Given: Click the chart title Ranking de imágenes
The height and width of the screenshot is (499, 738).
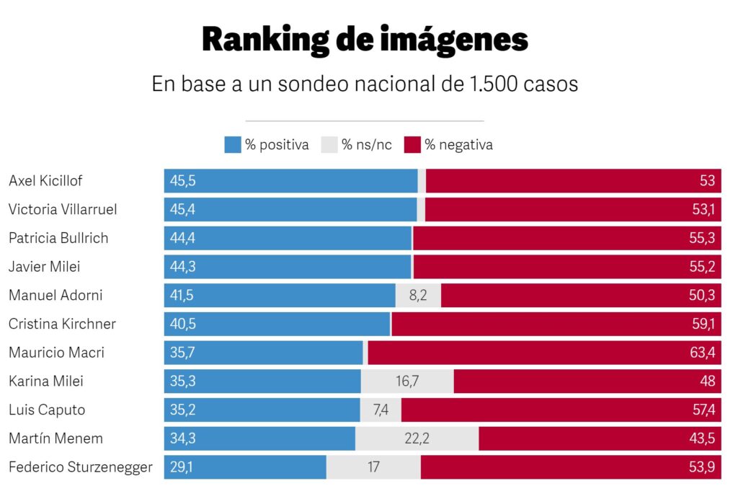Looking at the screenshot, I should [x=365, y=40].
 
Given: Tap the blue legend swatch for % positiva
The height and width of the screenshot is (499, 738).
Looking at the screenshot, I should [x=232, y=145].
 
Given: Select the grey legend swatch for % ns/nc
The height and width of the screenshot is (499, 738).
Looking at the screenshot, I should [x=329, y=145].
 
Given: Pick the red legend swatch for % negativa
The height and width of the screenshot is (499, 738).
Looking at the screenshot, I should [x=412, y=145].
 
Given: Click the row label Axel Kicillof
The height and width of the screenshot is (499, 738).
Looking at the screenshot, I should [x=45, y=181].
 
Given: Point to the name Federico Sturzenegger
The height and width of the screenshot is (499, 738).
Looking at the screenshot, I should [x=81, y=467].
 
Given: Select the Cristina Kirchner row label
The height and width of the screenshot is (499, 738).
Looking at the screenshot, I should [x=62, y=324].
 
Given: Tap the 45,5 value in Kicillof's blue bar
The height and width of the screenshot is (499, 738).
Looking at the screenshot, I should [x=182, y=181].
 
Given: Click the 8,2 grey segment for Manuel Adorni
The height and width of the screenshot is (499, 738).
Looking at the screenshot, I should [x=418, y=296].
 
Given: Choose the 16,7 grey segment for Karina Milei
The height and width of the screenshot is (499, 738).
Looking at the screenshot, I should [x=407, y=381].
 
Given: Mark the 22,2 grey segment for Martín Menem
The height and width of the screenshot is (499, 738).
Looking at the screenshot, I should [x=417, y=438].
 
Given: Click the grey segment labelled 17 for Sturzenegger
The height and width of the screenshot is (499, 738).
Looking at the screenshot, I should [x=373, y=467].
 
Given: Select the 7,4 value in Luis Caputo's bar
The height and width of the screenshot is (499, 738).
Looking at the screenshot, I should [x=381, y=410].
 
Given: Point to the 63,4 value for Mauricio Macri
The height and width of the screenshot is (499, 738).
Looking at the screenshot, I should [x=702, y=353].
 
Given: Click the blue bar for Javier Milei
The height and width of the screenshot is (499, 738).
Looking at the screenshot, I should [x=288, y=267].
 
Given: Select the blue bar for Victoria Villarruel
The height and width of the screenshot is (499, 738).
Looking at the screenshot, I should [x=288, y=210].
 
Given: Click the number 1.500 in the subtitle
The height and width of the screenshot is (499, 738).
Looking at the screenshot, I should [x=494, y=84].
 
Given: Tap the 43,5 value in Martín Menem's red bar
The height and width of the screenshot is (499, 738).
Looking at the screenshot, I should [x=702, y=438].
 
